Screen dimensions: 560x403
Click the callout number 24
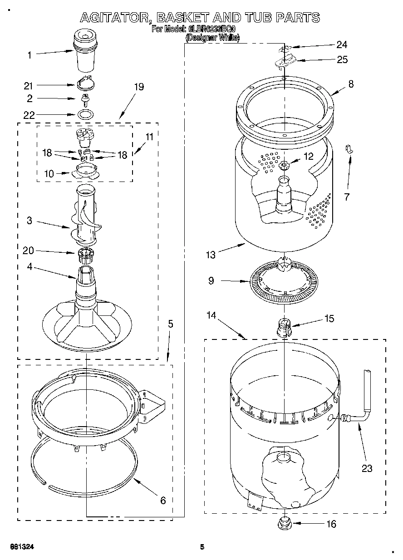click(x=341, y=44)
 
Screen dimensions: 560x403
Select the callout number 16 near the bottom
click(x=331, y=524)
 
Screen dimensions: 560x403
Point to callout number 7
click(x=347, y=196)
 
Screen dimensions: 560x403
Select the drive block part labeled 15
click(x=283, y=327)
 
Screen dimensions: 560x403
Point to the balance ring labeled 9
click(x=284, y=281)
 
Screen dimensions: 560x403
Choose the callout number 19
click(x=139, y=87)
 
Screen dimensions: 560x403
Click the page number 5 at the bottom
click(x=202, y=546)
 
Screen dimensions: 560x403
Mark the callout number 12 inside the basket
click(x=308, y=156)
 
